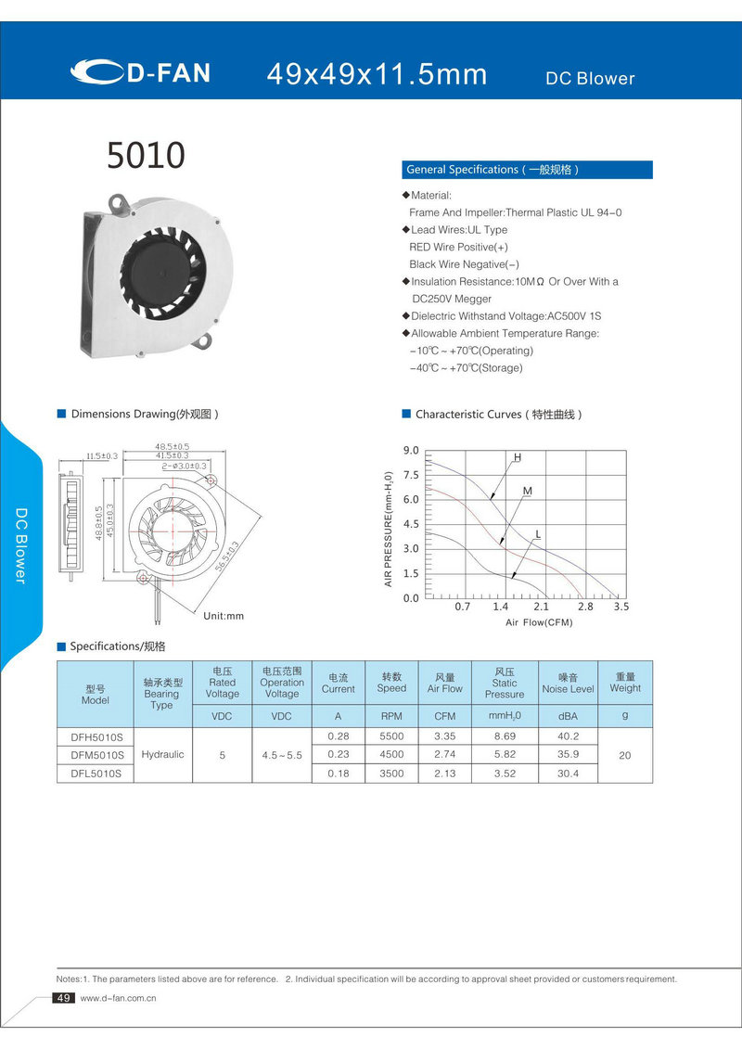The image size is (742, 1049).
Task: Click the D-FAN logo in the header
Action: (141, 72)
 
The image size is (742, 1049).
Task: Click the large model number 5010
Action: (146, 155)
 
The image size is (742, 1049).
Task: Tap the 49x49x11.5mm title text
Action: (377, 74)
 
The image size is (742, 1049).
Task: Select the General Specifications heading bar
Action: (527, 170)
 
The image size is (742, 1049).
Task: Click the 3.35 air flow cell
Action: (444, 736)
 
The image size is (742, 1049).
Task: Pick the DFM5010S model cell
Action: (96, 755)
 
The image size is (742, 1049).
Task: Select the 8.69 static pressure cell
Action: (505, 736)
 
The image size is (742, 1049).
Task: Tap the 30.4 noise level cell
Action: (568, 774)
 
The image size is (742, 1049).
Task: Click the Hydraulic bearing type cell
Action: (162, 755)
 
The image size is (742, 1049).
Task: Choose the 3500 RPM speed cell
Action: (391, 774)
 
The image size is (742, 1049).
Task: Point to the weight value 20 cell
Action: (624, 756)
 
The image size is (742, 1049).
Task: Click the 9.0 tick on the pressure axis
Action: (410, 451)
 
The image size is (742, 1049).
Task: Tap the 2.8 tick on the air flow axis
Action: (585, 607)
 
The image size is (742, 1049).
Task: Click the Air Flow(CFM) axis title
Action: (539, 622)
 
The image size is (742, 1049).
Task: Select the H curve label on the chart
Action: (518, 458)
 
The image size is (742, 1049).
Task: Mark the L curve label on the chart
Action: (538, 534)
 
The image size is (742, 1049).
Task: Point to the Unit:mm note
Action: (223, 616)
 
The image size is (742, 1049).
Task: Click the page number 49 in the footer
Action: (64, 998)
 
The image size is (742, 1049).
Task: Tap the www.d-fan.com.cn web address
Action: (118, 999)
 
